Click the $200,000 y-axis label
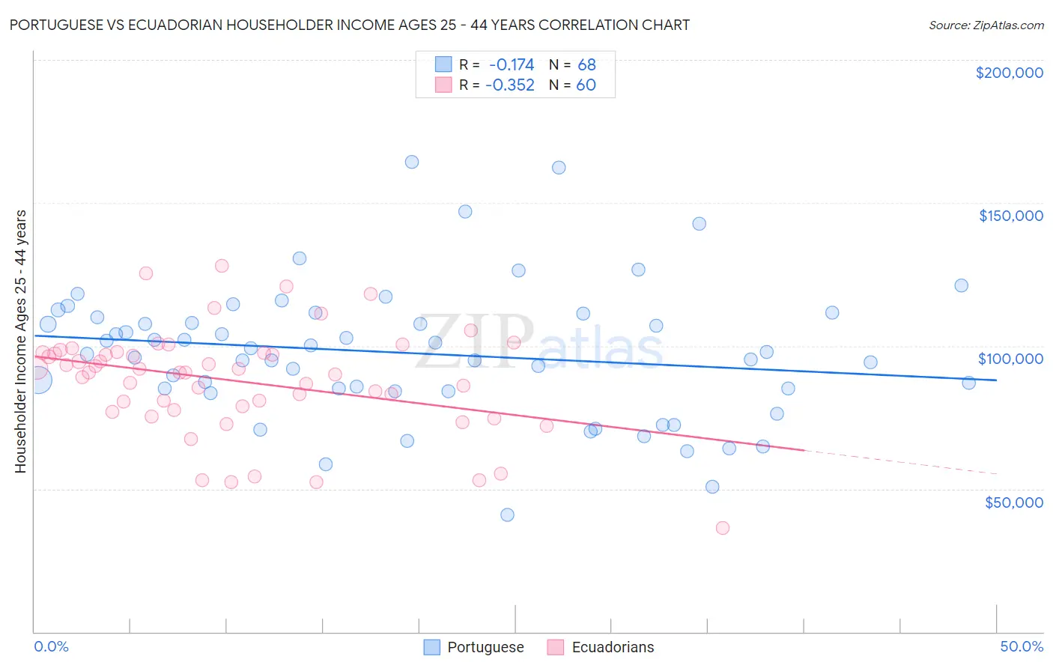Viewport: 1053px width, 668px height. tap(1009, 73)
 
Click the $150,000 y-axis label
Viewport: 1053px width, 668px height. tap(1010, 216)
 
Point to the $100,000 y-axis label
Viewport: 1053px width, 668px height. tap(1010, 359)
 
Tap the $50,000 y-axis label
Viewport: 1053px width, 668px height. tap(1013, 502)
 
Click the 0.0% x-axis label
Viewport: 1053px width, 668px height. tap(51, 646)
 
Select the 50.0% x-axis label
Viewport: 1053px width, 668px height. tap(1022, 646)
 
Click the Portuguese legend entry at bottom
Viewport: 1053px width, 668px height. tap(485, 647)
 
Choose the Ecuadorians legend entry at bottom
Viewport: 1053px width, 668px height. tap(613, 647)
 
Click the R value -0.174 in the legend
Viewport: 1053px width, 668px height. tap(512, 64)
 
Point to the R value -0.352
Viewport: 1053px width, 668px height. tap(510, 85)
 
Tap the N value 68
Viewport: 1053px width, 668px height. tap(586, 64)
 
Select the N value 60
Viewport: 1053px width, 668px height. tap(586, 85)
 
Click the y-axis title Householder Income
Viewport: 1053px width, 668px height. tap(21, 341)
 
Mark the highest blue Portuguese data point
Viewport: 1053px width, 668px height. tap(412, 162)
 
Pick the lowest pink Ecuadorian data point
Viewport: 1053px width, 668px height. tap(723, 528)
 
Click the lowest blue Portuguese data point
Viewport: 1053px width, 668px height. tap(507, 514)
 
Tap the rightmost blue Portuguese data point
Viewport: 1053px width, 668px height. tap(968, 383)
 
